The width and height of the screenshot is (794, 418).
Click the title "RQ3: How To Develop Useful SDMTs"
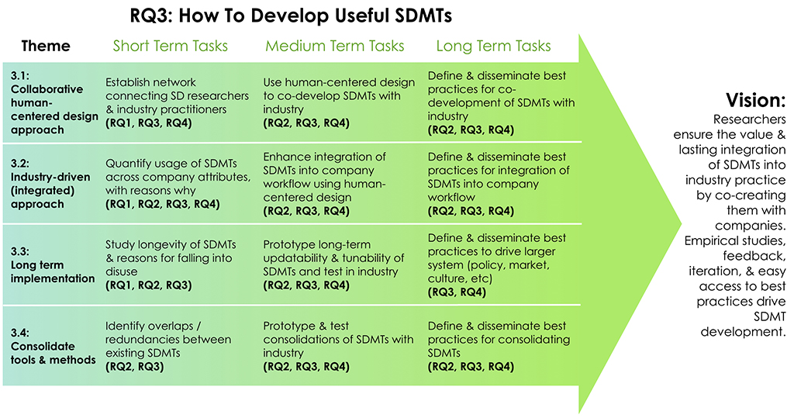click(291, 16)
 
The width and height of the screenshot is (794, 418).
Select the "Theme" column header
click(46, 46)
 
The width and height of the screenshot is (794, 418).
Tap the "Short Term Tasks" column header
click(170, 46)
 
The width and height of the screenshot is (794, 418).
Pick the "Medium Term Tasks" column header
click(335, 46)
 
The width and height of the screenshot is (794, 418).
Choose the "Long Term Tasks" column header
click(494, 46)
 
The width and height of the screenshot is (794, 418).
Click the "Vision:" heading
click(755, 100)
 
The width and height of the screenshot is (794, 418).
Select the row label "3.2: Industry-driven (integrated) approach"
click(50, 184)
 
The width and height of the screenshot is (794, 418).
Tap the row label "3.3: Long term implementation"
click(53, 264)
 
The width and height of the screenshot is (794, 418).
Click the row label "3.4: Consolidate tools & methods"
click(54, 346)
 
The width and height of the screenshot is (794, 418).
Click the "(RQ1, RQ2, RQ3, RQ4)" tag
click(163, 204)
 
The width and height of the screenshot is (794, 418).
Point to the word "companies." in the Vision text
click(751, 225)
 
